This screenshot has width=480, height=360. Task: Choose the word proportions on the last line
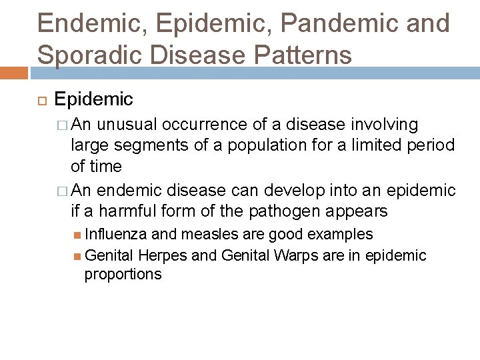point(123,275)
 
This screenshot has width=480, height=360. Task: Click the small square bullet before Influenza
point(79,235)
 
